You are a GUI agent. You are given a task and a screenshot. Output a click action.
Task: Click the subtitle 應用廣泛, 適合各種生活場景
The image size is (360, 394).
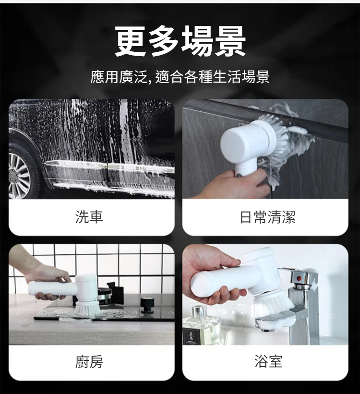point(180,77)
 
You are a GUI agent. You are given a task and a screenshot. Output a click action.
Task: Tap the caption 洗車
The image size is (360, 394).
point(89,217)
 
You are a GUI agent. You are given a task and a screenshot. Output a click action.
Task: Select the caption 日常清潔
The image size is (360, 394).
point(267,217)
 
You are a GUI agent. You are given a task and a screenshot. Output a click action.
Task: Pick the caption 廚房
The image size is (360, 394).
point(89,361)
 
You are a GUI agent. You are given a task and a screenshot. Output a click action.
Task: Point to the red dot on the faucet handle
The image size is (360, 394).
point(299,278)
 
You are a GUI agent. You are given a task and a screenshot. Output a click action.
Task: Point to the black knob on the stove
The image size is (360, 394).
point(146,305)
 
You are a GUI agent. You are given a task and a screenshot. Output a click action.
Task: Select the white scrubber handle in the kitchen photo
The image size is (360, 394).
point(53,288)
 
